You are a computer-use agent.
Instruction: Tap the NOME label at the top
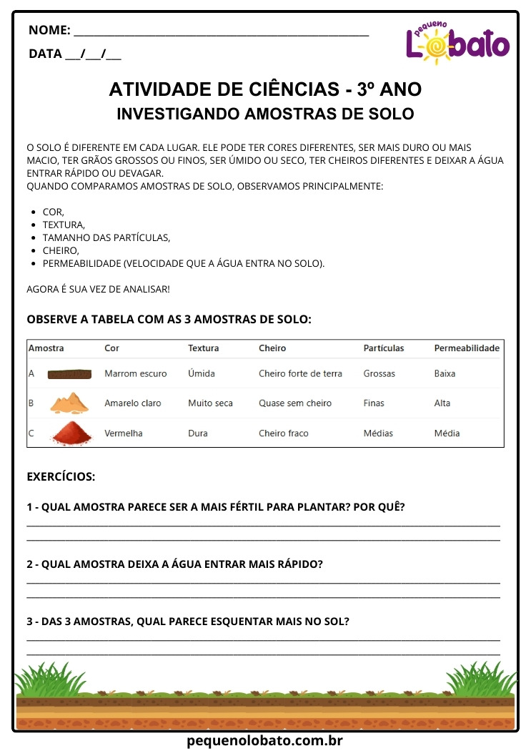pyautogui.click(x=49, y=30)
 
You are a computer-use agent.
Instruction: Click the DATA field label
pyautogui.click(x=45, y=54)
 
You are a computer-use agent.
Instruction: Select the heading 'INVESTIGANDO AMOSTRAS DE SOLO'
pyautogui.click(x=265, y=114)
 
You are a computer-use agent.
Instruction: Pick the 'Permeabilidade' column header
pyautogui.click(x=467, y=348)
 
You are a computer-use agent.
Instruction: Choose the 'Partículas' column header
pyautogui.click(x=383, y=348)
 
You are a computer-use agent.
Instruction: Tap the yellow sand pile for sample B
pyautogui.click(x=69, y=403)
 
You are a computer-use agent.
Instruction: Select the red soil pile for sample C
pyautogui.click(x=69, y=433)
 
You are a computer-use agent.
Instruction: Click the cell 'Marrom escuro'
pyautogui.click(x=136, y=373)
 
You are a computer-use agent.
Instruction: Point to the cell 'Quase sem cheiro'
pyautogui.click(x=295, y=403)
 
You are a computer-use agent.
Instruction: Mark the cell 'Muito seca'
pyautogui.click(x=210, y=403)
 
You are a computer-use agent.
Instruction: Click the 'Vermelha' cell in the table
pyautogui.click(x=124, y=433)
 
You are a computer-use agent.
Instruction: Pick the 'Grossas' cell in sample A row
pyautogui.click(x=379, y=373)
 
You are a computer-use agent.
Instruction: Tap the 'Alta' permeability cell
pyautogui.click(x=442, y=403)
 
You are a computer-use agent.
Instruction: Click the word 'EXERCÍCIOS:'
pyautogui.click(x=61, y=476)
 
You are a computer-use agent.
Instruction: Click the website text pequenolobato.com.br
pyautogui.click(x=265, y=742)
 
